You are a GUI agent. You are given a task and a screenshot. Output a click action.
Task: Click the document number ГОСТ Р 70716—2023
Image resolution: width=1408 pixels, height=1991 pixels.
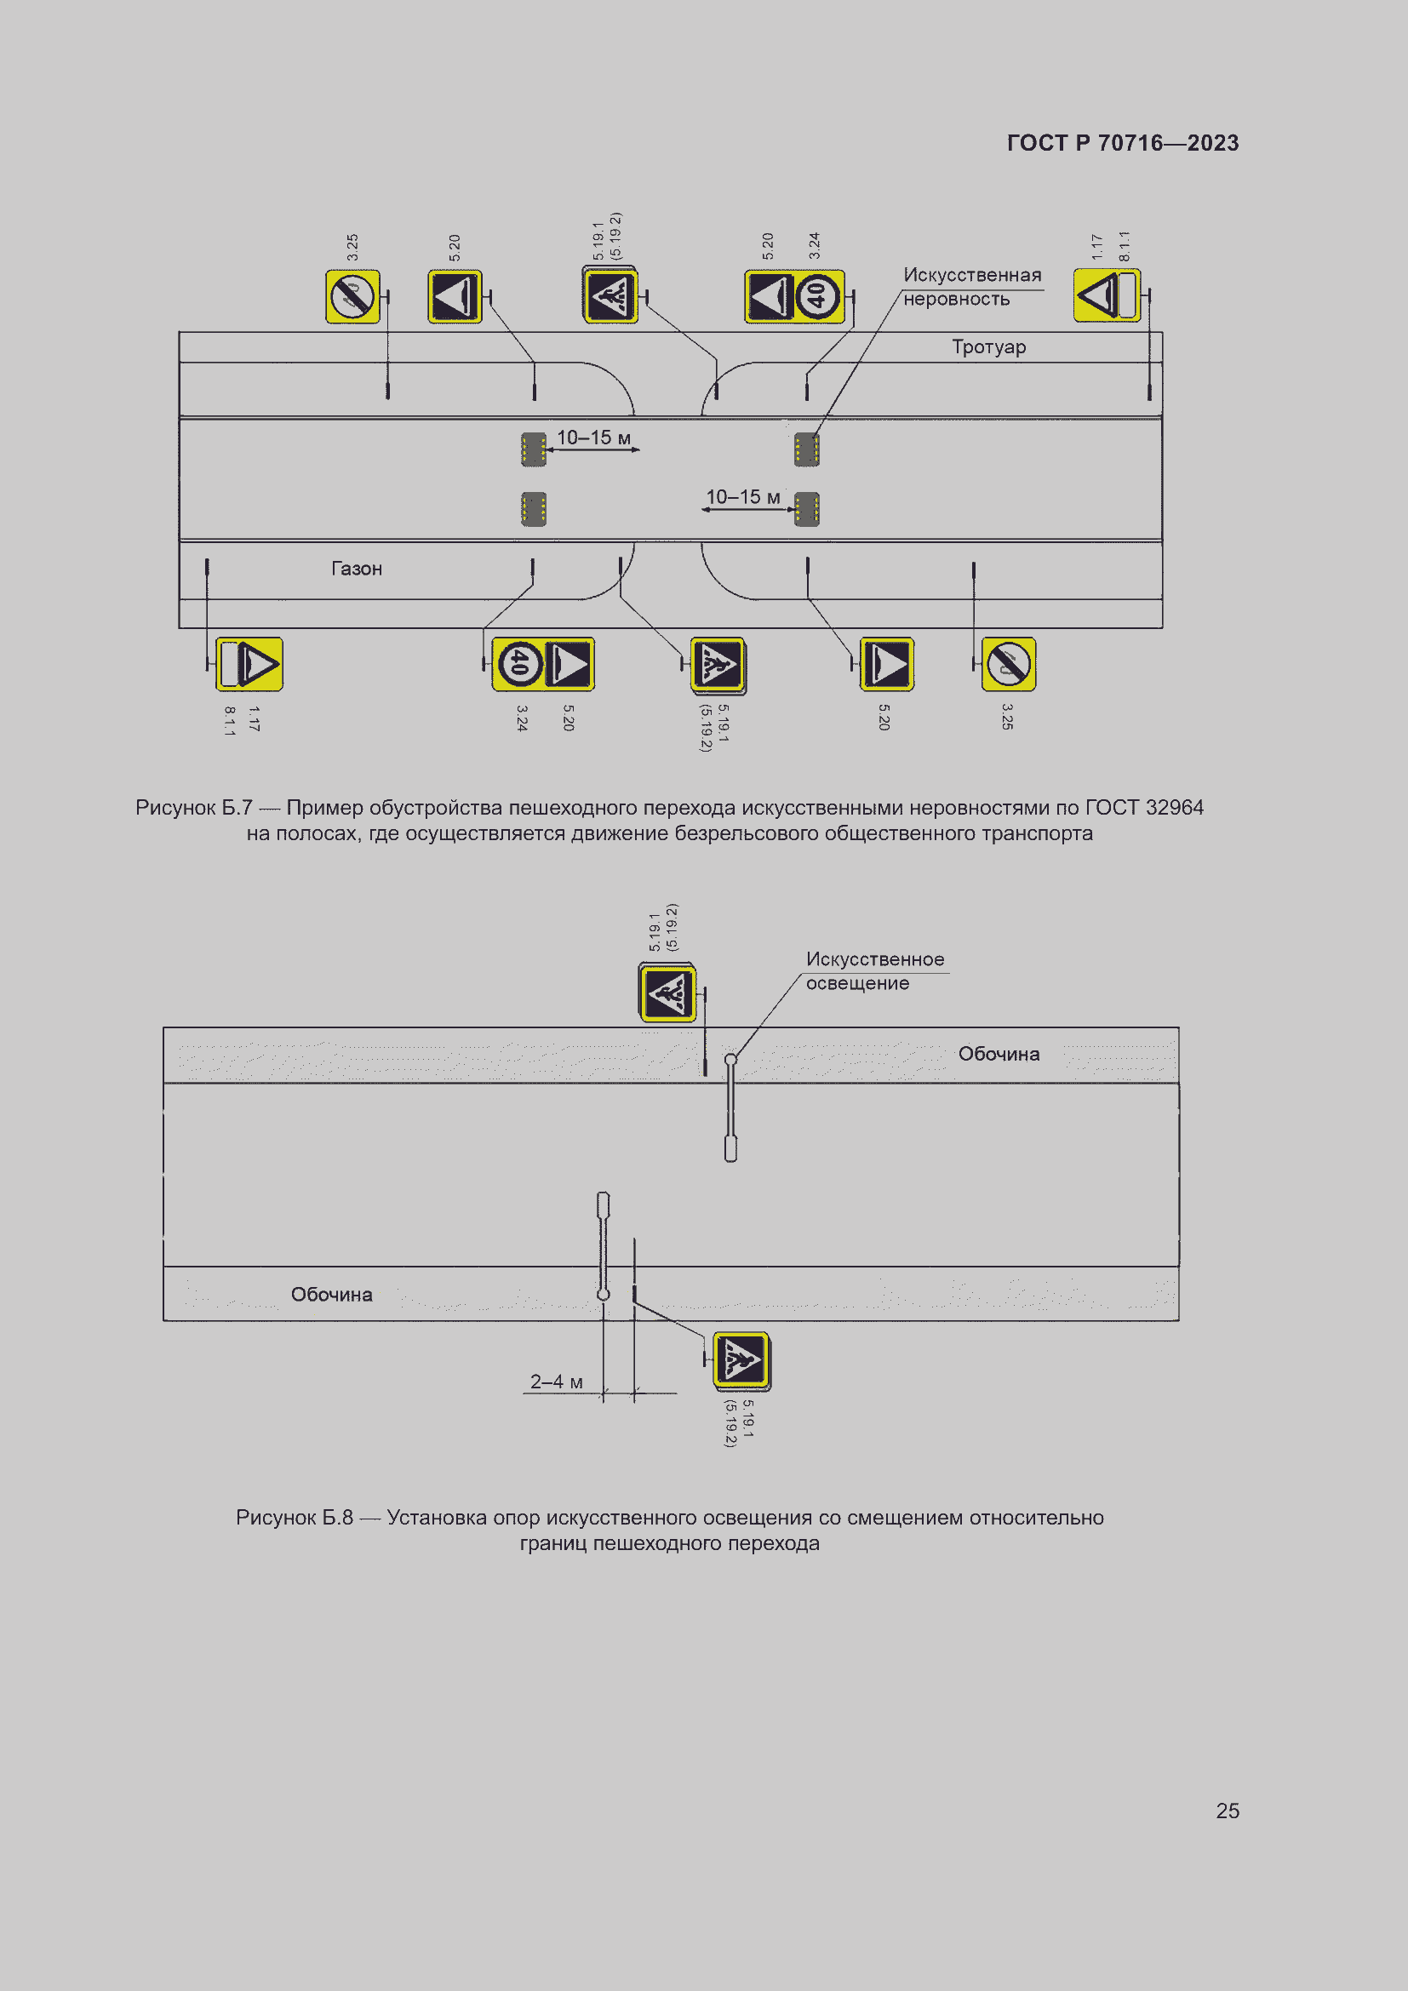tap(1122, 143)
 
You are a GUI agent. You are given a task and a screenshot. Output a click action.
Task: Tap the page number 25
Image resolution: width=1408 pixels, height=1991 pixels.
tap(1227, 1811)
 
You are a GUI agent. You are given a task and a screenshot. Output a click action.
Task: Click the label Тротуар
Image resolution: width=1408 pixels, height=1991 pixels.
tap(988, 346)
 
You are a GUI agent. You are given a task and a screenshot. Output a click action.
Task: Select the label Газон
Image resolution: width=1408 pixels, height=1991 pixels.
tap(357, 569)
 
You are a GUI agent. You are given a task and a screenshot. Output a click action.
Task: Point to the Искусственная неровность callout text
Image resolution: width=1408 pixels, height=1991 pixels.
tap(971, 287)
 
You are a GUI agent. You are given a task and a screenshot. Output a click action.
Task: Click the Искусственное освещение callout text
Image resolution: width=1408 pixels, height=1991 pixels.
tap(874, 971)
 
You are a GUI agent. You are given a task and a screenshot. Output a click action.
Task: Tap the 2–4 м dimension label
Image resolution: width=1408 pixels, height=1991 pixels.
tap(556, 1382)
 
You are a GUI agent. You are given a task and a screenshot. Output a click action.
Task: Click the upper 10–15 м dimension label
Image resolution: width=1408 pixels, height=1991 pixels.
tap(593, 438)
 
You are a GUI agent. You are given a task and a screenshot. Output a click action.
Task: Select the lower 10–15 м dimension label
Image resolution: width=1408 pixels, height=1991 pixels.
tap(742, 497)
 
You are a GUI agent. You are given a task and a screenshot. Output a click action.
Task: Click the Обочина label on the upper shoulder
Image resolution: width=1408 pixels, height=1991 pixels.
tap(998, 1054)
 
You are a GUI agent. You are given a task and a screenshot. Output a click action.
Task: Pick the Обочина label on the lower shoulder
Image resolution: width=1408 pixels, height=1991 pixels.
tap(331, 1295)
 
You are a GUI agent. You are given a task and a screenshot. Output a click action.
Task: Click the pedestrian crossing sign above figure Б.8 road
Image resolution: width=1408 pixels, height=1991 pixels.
tap(667, 993)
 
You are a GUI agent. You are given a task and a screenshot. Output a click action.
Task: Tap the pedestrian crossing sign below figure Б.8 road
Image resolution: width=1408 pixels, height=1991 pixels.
tap(741, 1359)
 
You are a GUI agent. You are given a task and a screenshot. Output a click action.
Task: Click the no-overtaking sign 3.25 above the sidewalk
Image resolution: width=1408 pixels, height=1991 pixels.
tap(353, 296)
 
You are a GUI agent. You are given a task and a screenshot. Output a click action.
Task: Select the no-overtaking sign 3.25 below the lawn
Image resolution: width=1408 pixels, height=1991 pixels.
tap(1008, 664)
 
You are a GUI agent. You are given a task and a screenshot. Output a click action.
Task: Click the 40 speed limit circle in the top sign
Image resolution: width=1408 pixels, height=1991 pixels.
tap(817, 296)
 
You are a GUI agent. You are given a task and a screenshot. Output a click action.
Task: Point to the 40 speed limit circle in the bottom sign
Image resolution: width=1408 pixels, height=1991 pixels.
tap(518, 664)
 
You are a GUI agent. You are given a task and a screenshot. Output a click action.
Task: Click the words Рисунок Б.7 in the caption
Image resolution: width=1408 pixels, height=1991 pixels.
tap(193, 808)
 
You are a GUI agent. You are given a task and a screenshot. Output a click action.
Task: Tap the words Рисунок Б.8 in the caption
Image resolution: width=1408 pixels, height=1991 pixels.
tap(294, 1518)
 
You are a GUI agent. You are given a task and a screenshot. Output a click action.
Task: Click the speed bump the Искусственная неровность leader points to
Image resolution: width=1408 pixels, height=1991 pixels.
tap(806, 449)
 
